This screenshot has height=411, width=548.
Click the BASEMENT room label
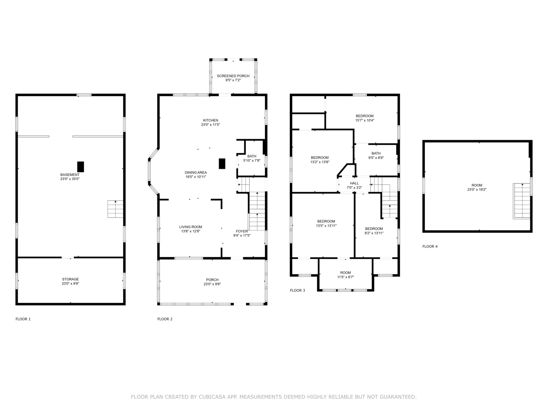(70, 175)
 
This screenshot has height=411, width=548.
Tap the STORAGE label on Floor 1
(70, 279)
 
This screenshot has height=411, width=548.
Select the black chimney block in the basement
(80, 167)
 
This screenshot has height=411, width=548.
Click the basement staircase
(115, 209)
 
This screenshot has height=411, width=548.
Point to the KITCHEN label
(211, 120)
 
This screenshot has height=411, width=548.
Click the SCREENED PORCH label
(233, 76)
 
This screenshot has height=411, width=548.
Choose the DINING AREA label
(196, 172)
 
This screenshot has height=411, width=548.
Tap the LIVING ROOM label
(191, 227)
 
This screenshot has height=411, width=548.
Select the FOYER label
(242, 231)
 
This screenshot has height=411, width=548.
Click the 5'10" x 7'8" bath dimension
(252, 161)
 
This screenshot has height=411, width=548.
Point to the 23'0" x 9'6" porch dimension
(212, 284)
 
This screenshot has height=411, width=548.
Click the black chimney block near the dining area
(222, 164)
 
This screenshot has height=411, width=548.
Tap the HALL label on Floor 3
(354, 183)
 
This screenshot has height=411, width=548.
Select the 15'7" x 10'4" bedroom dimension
(365, 120)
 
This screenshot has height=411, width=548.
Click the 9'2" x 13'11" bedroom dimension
(374, 233)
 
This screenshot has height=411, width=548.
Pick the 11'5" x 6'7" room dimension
(346, 277)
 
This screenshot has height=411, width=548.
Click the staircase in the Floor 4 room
(521, 201)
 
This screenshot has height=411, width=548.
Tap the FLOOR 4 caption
(430, 246)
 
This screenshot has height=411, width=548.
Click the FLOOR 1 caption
(23, 319)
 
